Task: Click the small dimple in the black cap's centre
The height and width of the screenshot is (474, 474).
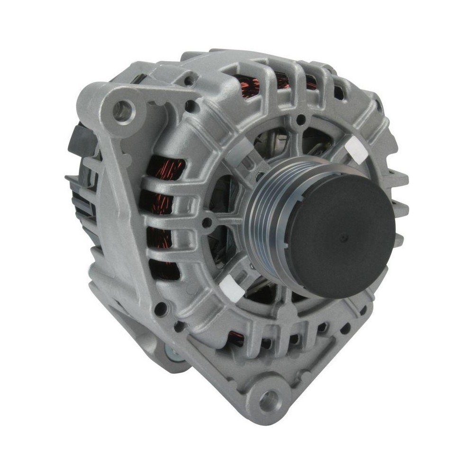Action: [x=343, y=235]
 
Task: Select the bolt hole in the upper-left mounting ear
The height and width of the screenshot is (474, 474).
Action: [x=123, y=110]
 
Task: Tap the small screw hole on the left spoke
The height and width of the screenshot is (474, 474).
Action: [x=207, y=222]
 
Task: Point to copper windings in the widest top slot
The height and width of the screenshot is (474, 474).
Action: [x=250, y=85]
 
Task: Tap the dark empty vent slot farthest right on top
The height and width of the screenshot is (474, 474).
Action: [x=338, y=93]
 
